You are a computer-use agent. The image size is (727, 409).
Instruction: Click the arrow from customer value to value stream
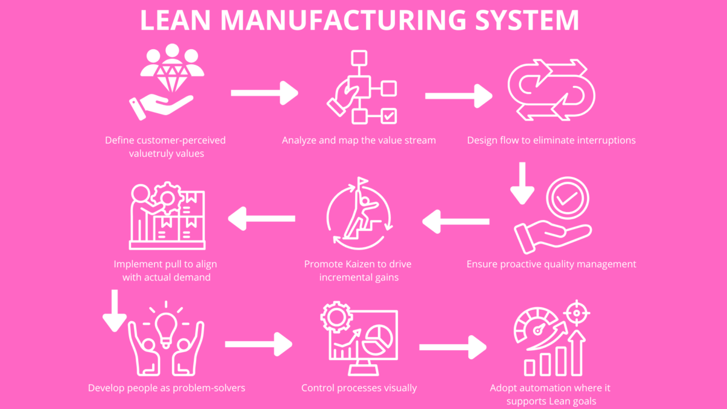(265, 93)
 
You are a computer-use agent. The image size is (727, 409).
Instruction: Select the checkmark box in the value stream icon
(388, 115)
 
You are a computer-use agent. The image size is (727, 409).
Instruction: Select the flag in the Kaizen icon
(362, 182)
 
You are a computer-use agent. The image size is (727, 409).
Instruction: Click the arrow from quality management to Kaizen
(456, 222)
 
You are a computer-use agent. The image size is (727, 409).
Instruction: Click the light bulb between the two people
(165, 328)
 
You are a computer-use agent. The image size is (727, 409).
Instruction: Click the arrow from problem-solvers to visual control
(259, 344)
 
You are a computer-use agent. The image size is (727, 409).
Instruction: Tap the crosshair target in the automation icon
(576, 313)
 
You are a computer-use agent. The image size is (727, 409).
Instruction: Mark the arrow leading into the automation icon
(453, 347)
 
